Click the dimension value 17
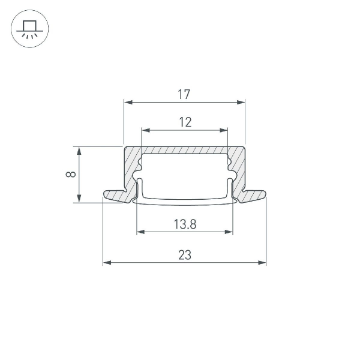pyautogui.click(x=184, y=94)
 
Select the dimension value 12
pyautogui.click(x=185, y=122)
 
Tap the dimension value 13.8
pyautogui.click(x=185, y=224)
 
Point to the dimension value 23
pyautogui.click(x=185, y=255)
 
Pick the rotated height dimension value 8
pyautogui.click(x=71, y=175)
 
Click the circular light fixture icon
pyautogui.click(x=29, y=29)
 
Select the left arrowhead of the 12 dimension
pyautogui.click(x=145, y=130)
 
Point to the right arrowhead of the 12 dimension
pyautogui.click(x=225, y=130)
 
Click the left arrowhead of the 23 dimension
pyautogui.click(x=106, y=262)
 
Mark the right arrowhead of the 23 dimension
pyautogui.click(x=262, y=262)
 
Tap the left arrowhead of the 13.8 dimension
pyautogui.click(x=140, y=232)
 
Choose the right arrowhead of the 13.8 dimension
pyautogui.click(x=229, y=232)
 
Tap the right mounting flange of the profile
pyautogui.click(x=254, y=195)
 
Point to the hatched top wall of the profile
pyautogui.click(x=185, y=149)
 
